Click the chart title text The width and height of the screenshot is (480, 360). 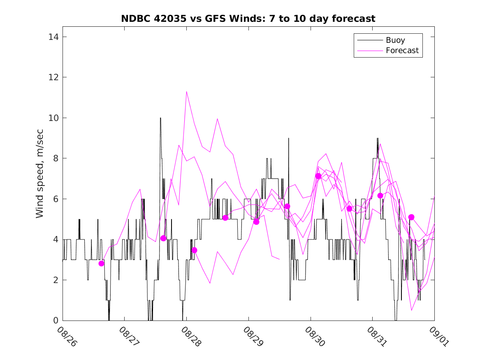point(248,19)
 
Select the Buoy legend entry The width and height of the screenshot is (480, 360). point(395,40)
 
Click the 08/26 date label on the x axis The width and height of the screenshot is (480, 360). point(67,337)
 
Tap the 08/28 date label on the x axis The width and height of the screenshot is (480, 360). point(190,337)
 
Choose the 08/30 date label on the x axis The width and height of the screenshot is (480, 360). point(314,337)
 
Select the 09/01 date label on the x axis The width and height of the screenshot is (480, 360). point(438,337)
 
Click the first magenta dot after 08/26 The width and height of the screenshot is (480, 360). point(102,263)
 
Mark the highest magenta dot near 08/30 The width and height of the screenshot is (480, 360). point(318,176)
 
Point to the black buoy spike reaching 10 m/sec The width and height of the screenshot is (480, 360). point(160,118)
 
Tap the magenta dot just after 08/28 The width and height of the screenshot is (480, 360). point(194,250)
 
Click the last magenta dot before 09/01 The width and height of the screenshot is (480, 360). point(411,217)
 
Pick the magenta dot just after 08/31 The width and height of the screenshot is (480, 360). point(380,195)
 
